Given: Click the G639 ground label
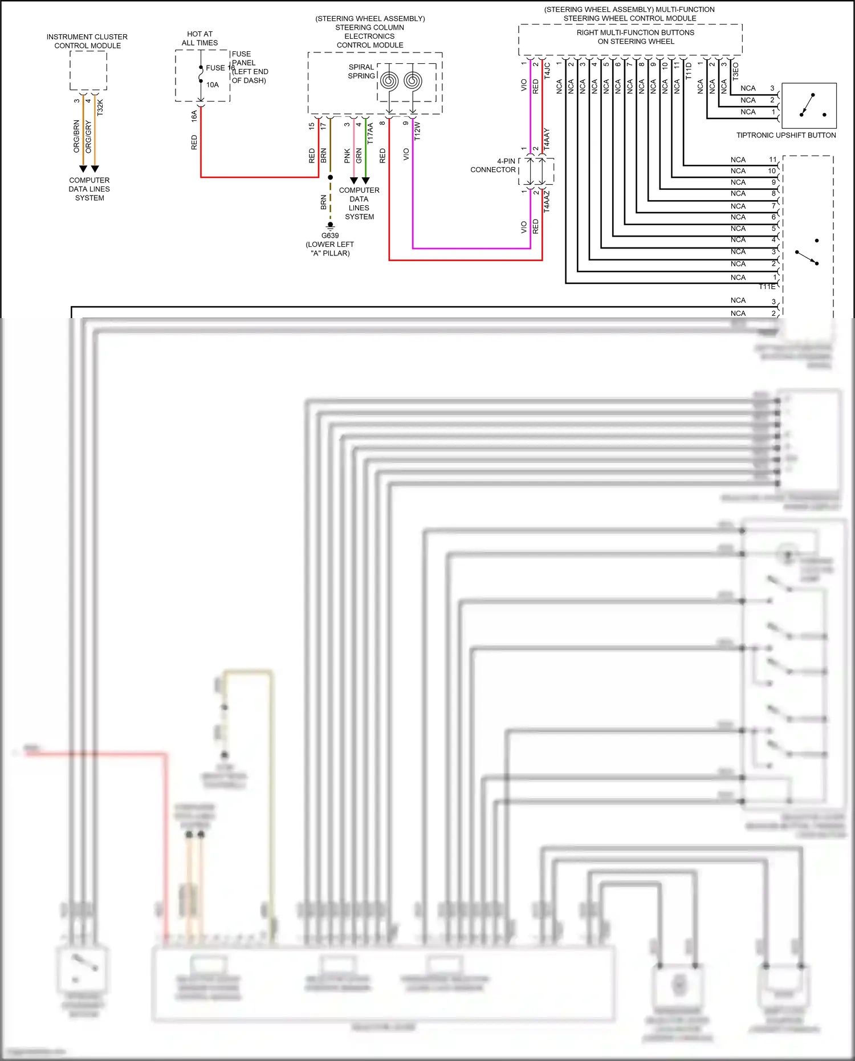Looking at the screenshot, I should (330, 235).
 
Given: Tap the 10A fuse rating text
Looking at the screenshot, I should (212, 85).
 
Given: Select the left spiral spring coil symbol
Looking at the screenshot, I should (389, 80).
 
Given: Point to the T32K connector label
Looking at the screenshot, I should (100, 107).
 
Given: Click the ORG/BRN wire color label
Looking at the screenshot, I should (76, 136).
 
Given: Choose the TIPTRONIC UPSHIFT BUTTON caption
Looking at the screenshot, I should (785, 135).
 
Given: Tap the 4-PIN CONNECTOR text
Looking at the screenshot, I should (493, 165).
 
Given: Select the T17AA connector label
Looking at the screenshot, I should (370, 133).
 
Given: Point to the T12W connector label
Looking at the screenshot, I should (417, 131).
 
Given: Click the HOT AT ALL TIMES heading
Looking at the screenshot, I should (199, 38).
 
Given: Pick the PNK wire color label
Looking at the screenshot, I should (347, 156).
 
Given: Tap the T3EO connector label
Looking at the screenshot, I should (735, 71).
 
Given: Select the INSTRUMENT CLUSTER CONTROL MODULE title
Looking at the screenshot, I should (87, 41).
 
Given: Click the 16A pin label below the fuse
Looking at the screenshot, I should (194, 116).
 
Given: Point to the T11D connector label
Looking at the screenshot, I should (689, 71).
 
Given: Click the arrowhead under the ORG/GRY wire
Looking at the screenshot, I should (95, 169).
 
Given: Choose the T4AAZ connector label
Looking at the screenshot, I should (547, 201).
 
